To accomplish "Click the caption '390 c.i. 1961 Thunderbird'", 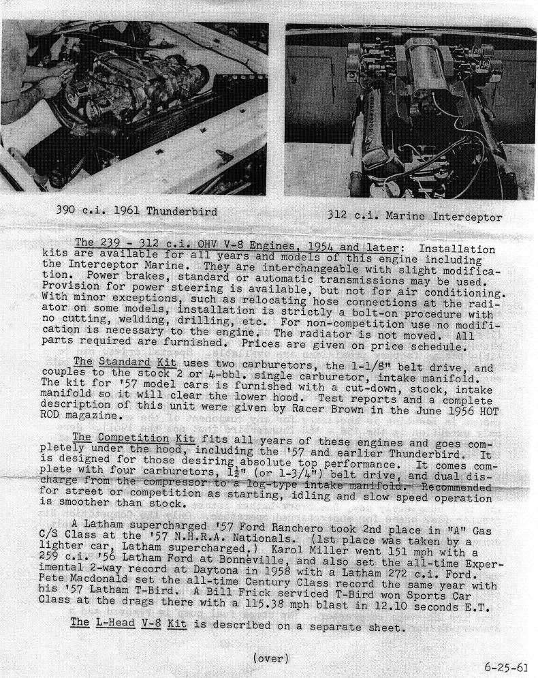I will pyautogui.click(x=136, y=211).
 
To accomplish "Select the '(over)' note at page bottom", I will pyautogui.click(x=270, y=658).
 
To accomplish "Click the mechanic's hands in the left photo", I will pyautogui.click(x=51, y=85).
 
